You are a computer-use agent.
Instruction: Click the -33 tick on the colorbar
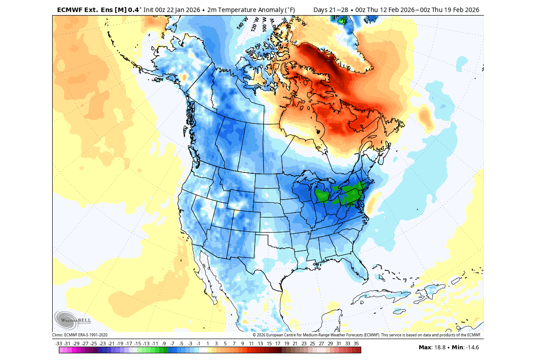[59, 344]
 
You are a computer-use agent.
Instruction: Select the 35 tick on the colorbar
[356, 344]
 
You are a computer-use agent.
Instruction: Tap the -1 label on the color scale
[198, 344]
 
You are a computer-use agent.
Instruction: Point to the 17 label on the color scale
[277, 344]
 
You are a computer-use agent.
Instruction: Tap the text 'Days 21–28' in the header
[329, 9]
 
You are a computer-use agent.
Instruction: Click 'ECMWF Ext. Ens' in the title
[84, 9]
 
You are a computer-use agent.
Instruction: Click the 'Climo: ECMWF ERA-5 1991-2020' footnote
[80, 335]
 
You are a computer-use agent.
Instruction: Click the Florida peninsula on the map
[359, 270]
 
